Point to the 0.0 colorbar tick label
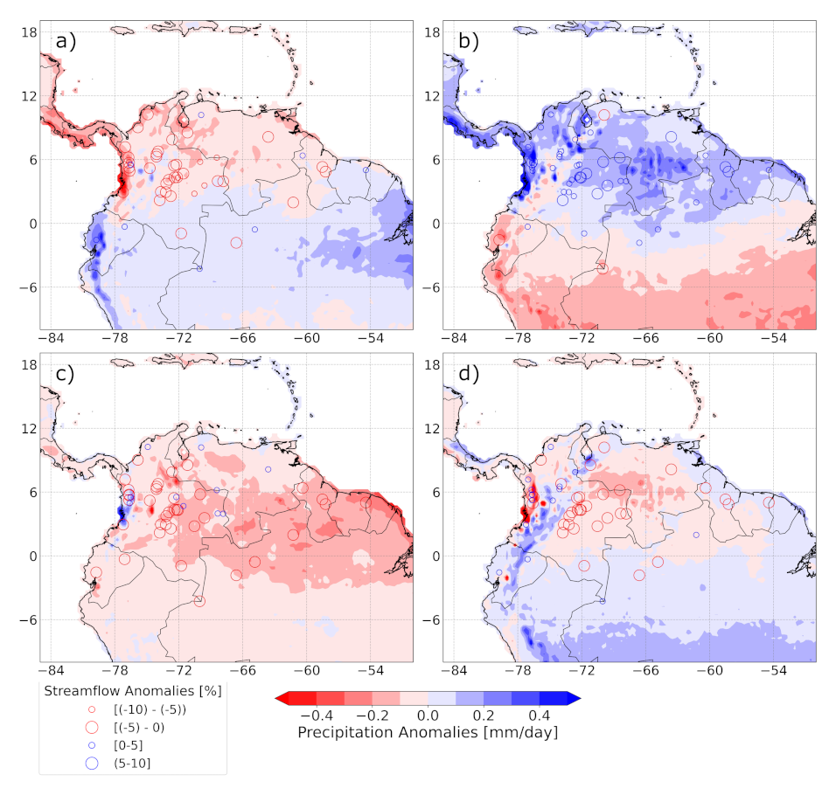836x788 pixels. [428, 715]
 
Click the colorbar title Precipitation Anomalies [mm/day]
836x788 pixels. [428, 732]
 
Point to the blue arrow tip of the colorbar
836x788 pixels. [575, 698]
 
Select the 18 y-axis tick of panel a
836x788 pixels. [28, 31]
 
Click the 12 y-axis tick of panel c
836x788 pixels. [28, 428]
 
